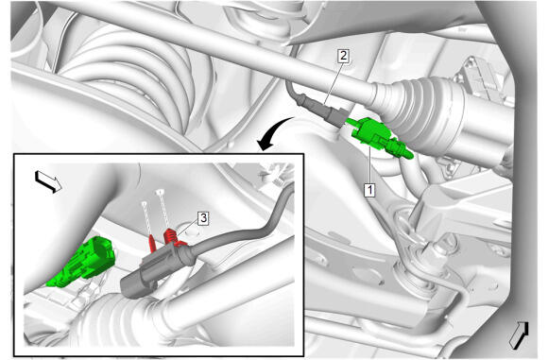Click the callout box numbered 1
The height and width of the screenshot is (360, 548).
pos(369,190)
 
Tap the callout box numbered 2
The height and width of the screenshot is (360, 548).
pos(344,55)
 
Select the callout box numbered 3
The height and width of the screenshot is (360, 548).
pos(203,218)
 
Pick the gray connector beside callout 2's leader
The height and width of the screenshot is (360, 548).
pos(335,116)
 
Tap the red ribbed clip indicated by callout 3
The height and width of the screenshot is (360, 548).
pos(171,236)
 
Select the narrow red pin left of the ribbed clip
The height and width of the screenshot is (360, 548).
pos(152,244)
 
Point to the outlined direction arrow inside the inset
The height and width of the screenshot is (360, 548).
pos(48,181)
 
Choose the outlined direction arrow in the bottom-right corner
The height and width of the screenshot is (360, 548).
pos(519,334)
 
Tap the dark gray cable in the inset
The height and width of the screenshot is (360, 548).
pos(241,231)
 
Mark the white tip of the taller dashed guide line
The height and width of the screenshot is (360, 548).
pos(160,192)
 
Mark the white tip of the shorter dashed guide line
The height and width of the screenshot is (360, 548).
pos(144,203)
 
